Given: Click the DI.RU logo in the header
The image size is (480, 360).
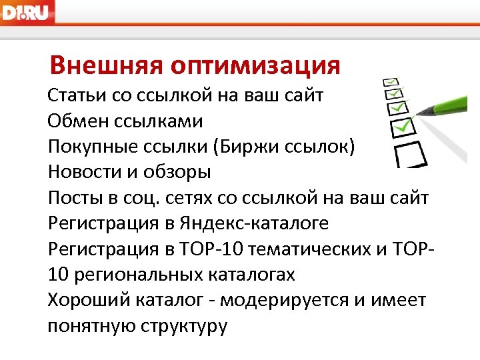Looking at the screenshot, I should (27, 11).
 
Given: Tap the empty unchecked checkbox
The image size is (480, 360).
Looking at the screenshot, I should (409, 154).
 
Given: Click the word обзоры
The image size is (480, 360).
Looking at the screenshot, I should (181, 172).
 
